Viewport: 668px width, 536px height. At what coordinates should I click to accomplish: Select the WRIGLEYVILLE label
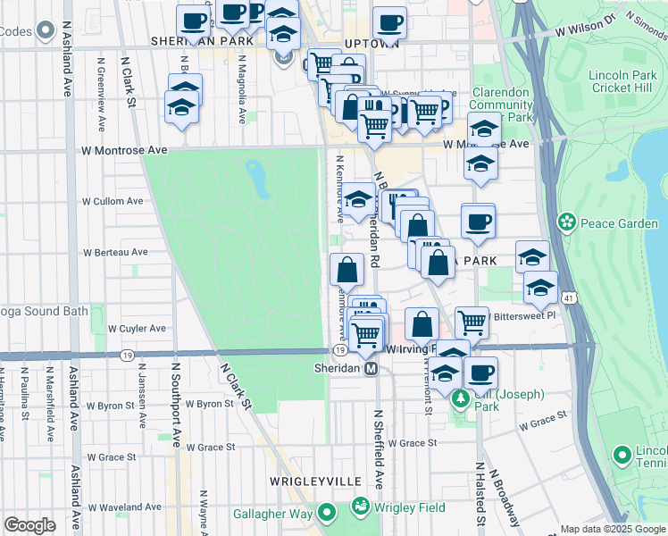308,482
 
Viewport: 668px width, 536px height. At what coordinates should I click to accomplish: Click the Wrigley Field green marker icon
361,507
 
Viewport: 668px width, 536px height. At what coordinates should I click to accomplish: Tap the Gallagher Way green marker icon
327,514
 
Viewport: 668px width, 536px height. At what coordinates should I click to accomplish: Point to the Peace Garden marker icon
565,221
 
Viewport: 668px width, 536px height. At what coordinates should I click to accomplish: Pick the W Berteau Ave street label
115,252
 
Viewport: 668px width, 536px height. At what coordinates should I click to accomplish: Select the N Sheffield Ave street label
379,450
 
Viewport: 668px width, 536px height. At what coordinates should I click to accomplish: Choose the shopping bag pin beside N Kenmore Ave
347,269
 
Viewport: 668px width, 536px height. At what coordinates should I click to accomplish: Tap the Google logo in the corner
30,524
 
